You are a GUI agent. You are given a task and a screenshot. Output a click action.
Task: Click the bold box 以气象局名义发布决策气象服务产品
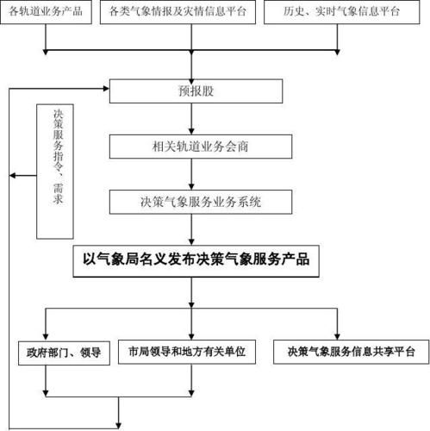click(x=196, y=259)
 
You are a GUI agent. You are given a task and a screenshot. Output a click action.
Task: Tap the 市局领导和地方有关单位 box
click(x=186, y=352)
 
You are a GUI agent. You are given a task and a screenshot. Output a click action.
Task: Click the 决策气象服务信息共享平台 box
click(x=344, y=352)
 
